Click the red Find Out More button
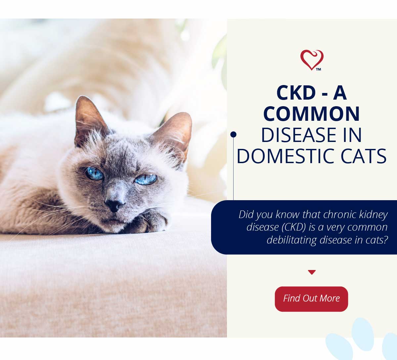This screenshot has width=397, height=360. [x=311, y=299]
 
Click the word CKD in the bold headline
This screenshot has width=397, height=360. [x=296, y=93]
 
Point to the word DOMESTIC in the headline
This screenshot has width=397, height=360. [x=287, y=157]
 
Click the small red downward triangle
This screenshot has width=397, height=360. [x=312, y=272]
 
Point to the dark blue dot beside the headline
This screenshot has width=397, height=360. [x=233, y=134]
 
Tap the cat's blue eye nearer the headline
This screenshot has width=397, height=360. [x=146, y=179]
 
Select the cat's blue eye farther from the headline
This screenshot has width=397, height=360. [x=94, y=174]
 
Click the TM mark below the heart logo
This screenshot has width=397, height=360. [x=319, y=69]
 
